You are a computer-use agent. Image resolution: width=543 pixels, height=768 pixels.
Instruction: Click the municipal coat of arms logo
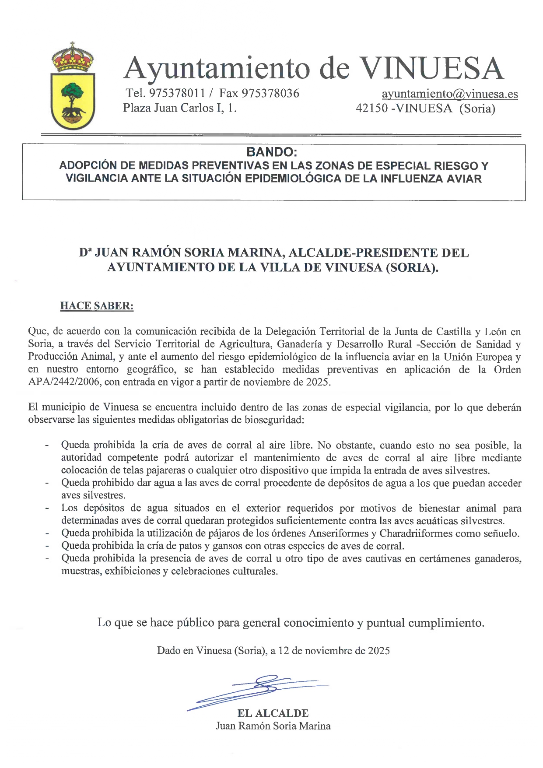[73, 86]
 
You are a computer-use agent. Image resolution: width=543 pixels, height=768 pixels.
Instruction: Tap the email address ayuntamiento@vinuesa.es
[449, 94]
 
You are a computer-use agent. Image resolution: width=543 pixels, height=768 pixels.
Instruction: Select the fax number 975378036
[270, 93]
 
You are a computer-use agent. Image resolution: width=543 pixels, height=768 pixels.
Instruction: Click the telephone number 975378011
[177, 93]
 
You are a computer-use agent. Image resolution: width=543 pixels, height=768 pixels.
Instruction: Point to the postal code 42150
[371, 108]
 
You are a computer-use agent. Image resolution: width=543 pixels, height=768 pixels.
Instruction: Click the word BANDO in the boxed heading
[271, 152]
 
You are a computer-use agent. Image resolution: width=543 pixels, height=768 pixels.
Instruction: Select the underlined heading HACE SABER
[97, 305]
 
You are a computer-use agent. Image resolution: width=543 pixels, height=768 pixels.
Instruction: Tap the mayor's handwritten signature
[258, 689]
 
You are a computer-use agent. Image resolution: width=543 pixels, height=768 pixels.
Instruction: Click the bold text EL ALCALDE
[273, 713]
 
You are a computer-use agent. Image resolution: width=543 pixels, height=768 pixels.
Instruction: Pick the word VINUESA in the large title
[431, 69]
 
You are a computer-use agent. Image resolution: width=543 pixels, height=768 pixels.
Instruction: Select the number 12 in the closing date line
[284, 651]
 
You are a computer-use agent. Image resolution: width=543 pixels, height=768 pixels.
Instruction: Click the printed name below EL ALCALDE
[273, 726]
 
